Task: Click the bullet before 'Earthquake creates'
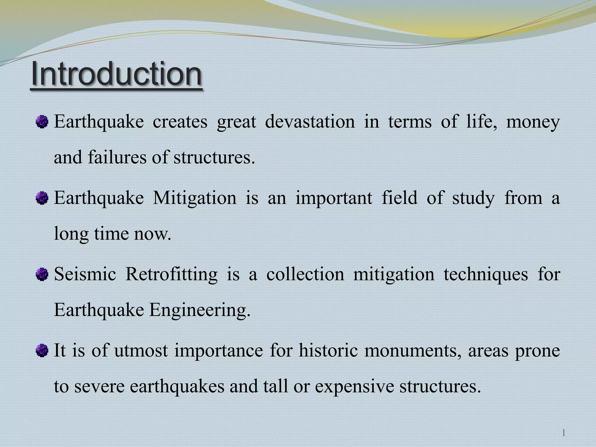coord(42,122)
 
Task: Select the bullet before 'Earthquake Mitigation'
coord(42,198)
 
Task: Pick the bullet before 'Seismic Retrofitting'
coord(42,274)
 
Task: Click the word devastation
coord(310,122)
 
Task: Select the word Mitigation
coord(195,198)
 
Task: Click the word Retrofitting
coord(171,274)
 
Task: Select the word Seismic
coord(85,274)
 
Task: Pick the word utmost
coord(141,350)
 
